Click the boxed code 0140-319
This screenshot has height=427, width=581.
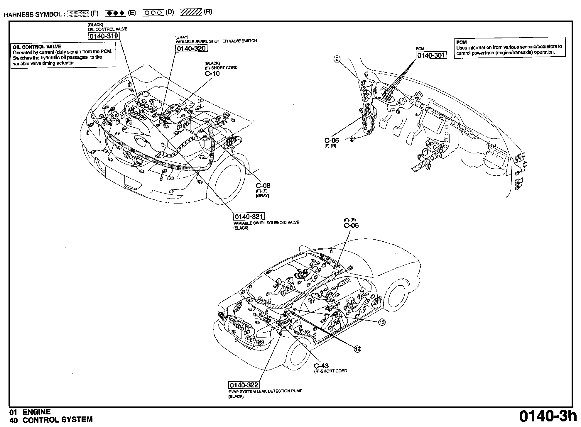point(104,36)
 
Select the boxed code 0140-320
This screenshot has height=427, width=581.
point(191,49)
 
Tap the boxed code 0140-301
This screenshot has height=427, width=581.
point(431,55)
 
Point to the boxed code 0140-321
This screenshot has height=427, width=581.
point(249,217)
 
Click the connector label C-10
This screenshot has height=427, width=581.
point(212,74)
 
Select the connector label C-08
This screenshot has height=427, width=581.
point(263,186)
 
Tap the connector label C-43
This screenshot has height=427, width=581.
point(321,366)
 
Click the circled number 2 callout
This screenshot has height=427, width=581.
point(337,59)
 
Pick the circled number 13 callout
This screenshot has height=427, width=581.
point(382,322)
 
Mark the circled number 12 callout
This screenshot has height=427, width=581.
point(357,349)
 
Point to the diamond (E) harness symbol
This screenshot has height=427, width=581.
point(115,13)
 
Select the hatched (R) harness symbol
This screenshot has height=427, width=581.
point(191,12)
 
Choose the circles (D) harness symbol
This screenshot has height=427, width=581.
point(153,13)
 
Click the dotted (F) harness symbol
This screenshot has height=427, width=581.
point(78,14)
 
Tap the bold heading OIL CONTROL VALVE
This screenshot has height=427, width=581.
point(37,47)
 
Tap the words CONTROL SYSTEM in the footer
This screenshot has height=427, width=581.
point(58,420)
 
